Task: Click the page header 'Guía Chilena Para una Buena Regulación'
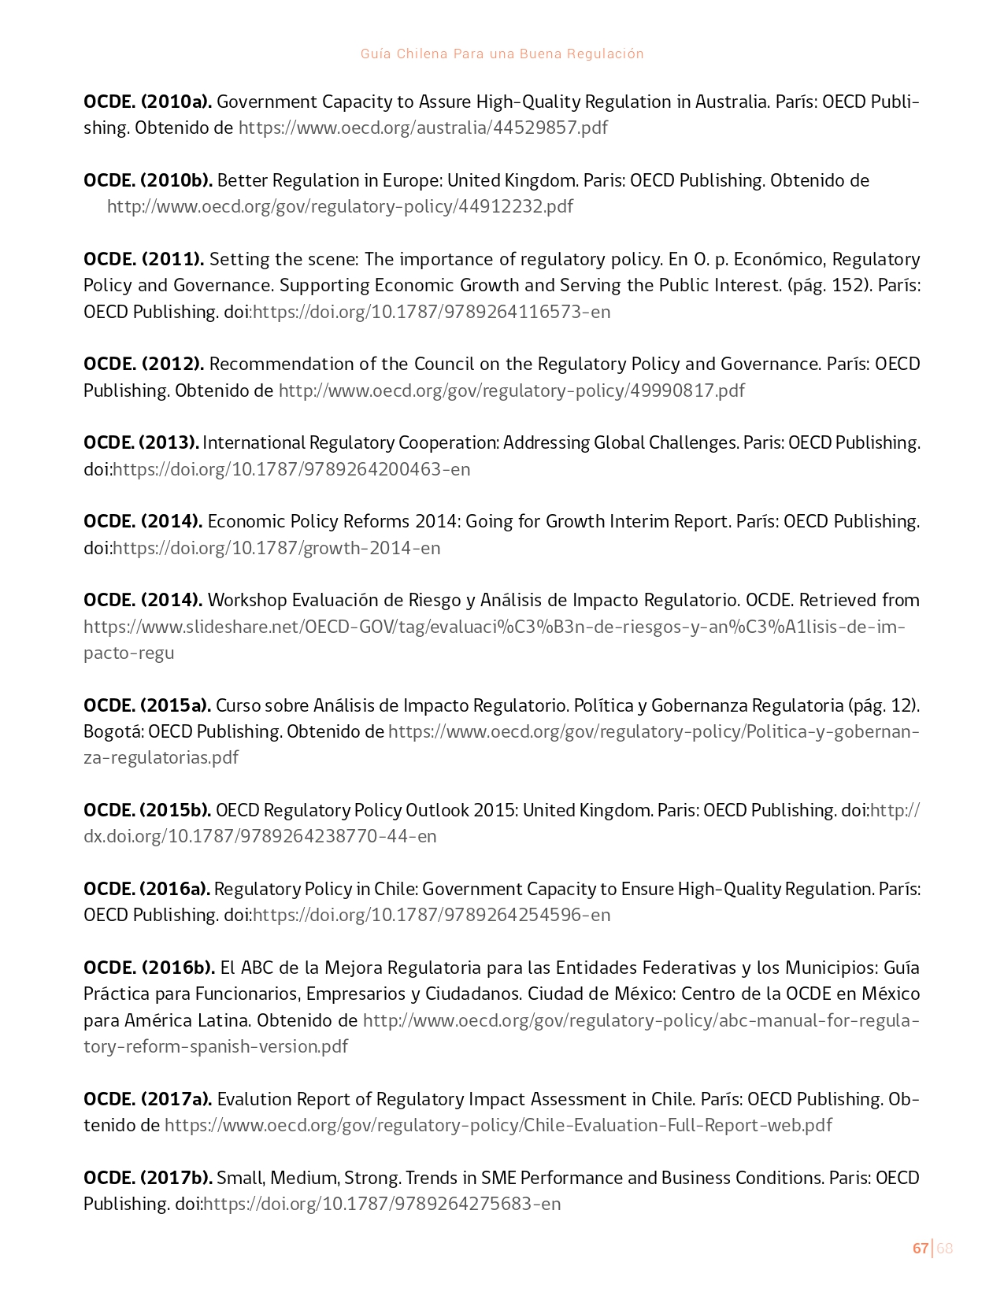point(502,54)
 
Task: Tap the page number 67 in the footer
point(920,1248)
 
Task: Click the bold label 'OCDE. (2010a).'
point(147,102)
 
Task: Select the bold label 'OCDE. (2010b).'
point(147,180)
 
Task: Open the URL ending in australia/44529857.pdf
point(423,128)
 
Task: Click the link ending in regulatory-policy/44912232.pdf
point(340,206)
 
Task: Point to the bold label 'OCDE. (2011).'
point(143,259)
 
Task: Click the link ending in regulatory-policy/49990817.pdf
point(511,390)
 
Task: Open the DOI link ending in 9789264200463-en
point(291,469)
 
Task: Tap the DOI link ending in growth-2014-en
point(276,548)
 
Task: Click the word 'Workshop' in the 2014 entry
point(247,600)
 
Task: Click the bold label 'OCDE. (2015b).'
point(146,810)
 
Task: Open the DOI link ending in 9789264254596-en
point(431,915)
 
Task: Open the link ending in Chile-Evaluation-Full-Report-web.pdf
point(498,1125)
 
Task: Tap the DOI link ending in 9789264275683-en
point(382,1204)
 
